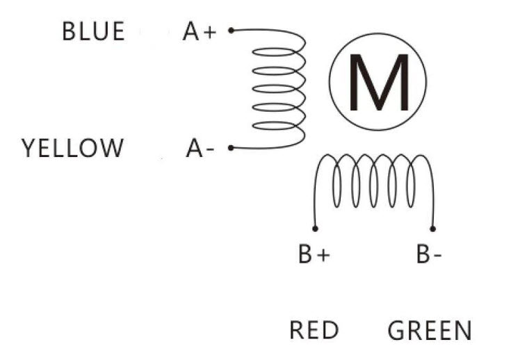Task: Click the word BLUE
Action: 93,31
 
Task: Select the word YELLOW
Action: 73,148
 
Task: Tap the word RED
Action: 314,330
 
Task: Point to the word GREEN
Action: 429,331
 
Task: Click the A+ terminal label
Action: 200,31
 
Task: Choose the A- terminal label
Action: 200,148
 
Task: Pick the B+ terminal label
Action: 314,255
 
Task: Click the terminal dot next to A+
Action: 231,30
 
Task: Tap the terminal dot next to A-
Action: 231,147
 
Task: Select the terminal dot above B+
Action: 315,228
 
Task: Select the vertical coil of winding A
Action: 278,89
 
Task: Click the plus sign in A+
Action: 209,32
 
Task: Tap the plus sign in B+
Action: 323,256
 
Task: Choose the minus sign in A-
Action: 209,149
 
